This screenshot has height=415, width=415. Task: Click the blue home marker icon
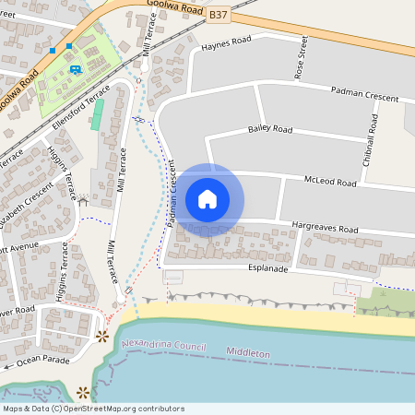(207, 199)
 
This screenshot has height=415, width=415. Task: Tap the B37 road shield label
(218, 16)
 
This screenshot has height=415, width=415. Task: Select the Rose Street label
(300, 58)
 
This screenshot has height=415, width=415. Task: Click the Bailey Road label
(270, 130)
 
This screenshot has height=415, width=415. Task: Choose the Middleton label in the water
(248, 353)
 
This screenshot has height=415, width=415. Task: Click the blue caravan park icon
(75, 67)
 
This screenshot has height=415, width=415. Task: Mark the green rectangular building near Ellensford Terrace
(98, 115)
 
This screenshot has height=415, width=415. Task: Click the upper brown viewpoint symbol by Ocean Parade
(102, 336)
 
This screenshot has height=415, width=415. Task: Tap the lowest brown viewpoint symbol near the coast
(84, 391)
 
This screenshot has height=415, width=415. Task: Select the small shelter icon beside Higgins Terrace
(83, 200)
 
